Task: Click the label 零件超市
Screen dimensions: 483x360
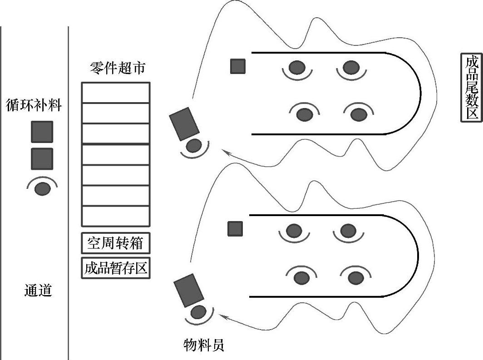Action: coord(118,69)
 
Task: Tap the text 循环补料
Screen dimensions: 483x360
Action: coord(34,105)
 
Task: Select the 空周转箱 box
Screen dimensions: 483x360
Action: coord(115,243)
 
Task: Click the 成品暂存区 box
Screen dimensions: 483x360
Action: coord(115,268)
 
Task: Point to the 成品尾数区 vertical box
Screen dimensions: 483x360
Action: coord(471,88)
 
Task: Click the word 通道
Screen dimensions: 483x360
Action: coord(38,291)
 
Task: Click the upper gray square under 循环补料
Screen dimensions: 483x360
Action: coord(42,132)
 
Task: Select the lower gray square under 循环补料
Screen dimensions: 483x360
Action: coord(42,159)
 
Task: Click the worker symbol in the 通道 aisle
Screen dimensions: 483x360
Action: coord(42,188)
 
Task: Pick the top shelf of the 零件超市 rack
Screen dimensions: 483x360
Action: coord(115,93)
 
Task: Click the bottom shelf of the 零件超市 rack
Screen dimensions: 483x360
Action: coord(115,216)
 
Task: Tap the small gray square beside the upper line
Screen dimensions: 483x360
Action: coord(238,66)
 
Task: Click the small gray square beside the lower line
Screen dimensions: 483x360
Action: coord(235,228)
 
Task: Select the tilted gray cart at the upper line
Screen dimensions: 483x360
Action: coord(184,123)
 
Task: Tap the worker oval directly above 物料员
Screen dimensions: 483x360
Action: coord(198,312)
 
